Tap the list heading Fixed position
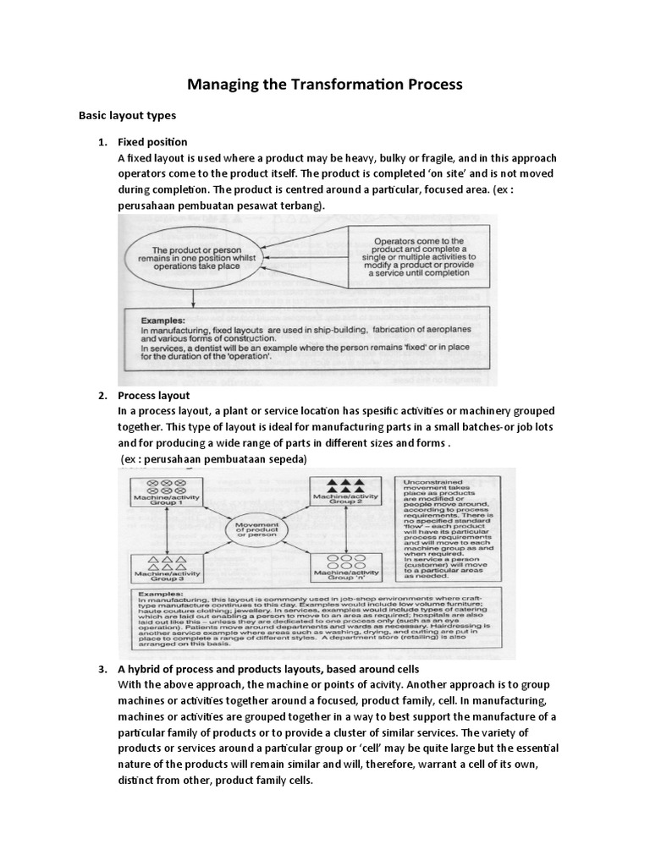pos(152,141)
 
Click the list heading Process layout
pos(153,395)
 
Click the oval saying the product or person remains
pos(195,257)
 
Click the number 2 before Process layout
pos(102,395)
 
